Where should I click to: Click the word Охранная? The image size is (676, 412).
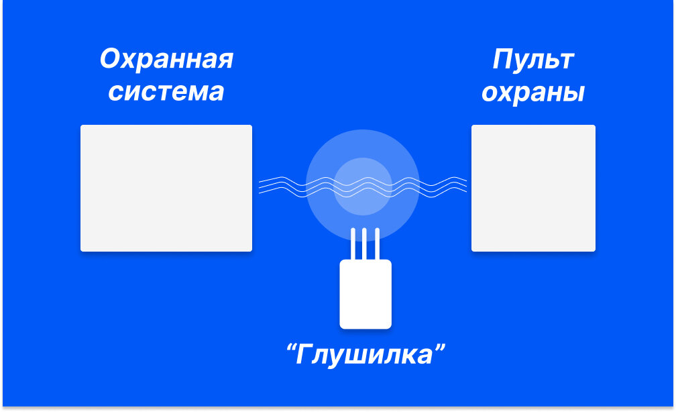(166, 60)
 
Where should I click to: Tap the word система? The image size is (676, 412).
(166, 92)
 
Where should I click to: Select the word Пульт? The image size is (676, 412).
(532, 60)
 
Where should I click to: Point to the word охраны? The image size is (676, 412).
(532, 93)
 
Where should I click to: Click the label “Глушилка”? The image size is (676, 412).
(365, 354)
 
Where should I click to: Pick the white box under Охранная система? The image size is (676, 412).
(166, 188)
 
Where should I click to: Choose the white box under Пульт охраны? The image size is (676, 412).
(533, 188)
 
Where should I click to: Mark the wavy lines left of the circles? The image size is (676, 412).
(282, 185)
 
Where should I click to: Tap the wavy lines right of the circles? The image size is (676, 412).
(443, 185)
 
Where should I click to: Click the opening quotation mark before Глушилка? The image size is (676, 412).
(290, 348)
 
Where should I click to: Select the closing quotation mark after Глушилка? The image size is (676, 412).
(440, 348)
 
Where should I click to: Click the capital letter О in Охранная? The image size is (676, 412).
(110, 60)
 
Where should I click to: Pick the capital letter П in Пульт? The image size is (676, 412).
(502, 60)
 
